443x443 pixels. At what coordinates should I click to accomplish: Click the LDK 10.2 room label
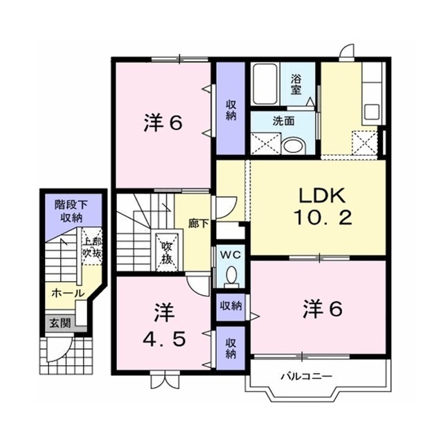click(x=323, y=207)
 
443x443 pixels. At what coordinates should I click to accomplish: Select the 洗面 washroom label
click(x=283, y=121)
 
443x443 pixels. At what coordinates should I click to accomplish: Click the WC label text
click(x=230, y=255)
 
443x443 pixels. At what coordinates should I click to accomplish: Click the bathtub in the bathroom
click(x=264, y=84)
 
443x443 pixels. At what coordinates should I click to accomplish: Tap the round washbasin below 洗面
click(x=294, y=146)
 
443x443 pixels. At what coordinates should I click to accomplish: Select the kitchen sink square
click(x=372, y=112)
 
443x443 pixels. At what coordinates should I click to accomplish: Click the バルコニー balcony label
click(x=306, y=377)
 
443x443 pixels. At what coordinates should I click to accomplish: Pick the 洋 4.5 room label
click(x=164, y=325)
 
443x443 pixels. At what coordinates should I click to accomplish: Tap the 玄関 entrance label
click(x=60, y=323)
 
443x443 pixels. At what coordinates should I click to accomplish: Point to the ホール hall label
click(x=68, y=293)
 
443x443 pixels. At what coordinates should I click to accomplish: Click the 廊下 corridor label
click(x=199, y=224)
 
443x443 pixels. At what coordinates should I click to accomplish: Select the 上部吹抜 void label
click(x=92, y=248)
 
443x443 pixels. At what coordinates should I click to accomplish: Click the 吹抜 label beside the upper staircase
click(x=166, y=252)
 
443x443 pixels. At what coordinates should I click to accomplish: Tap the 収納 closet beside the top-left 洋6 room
click(x=230, y=109)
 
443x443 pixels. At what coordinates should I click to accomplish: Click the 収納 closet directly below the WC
click(x=230, y=307)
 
